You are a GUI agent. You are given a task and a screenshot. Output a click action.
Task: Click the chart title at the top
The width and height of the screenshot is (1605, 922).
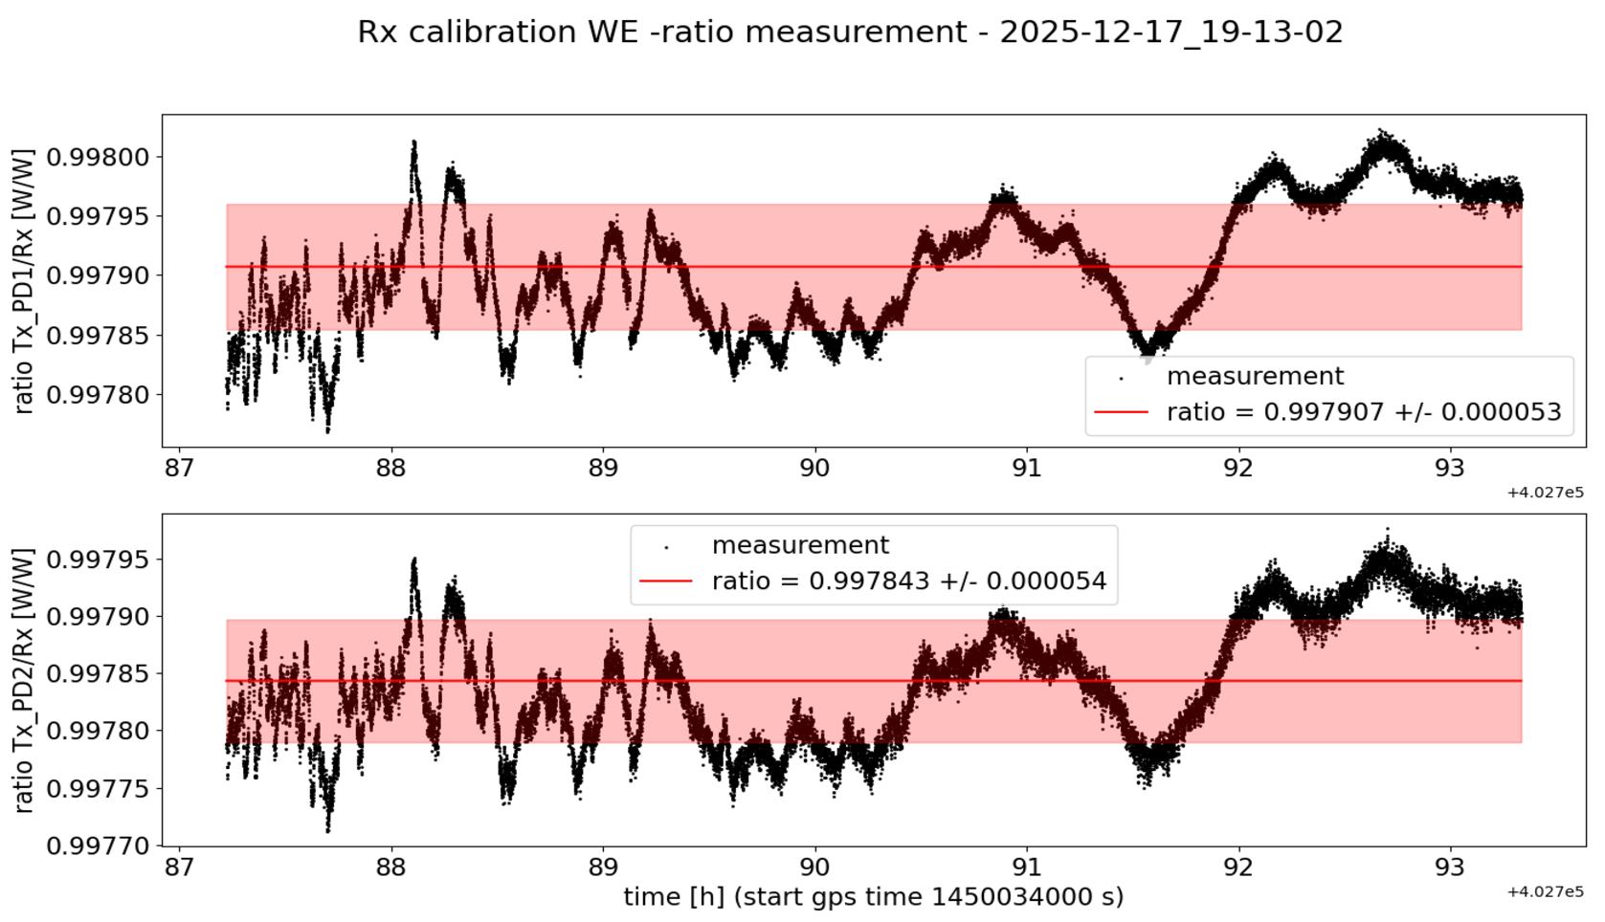(x=850, y=33)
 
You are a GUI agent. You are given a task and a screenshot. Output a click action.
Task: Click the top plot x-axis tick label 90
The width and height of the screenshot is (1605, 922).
(x=814, y=469)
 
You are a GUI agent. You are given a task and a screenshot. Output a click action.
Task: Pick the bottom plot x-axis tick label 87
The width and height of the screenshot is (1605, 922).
(x=179, y=868)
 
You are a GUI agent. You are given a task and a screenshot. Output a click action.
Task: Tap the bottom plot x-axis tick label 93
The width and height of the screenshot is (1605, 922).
(x=1450, y=868)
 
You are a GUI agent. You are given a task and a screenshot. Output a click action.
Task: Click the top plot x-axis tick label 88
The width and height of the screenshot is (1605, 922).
(x=391, y=469)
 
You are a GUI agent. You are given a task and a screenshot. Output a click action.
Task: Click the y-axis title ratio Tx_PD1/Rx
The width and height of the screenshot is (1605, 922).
(x=24, y=280)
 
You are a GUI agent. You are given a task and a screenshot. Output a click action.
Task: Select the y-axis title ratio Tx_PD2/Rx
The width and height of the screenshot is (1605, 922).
(x=24, y=680)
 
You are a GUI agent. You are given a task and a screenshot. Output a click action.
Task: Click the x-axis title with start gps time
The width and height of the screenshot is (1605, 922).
(x=873, y=897)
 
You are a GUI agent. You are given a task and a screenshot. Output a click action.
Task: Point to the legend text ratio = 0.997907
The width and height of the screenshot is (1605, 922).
(x=1364, y=412)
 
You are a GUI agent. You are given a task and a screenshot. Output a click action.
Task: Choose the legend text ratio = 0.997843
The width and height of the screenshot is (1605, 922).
(x=909, y=581)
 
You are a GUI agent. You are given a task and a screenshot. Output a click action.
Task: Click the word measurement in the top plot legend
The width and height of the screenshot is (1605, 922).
(x=1255, y=376)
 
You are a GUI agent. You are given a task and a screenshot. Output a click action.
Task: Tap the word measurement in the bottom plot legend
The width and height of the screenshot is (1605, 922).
(x=800, y=545)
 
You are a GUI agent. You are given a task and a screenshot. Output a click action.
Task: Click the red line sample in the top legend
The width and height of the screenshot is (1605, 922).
(x=1121, y=412)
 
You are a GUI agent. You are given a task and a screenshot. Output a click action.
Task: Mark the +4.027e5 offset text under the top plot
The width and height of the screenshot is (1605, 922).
(x=1545, y=493)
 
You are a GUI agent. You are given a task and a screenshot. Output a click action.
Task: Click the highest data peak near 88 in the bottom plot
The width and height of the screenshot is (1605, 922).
(x=413, y=560)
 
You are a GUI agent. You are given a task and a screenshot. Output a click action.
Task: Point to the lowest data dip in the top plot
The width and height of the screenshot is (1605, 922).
(x=328, y=430)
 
